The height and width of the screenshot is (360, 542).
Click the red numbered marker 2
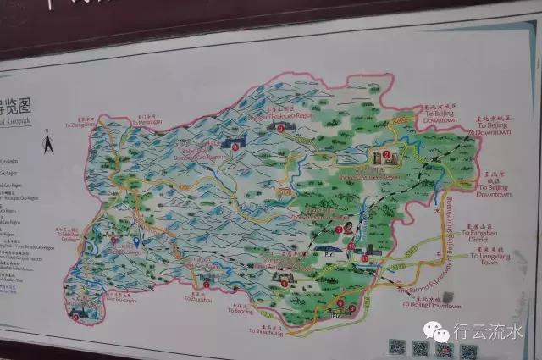[x=387, y=155]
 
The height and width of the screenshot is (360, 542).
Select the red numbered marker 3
[x=281, y=126]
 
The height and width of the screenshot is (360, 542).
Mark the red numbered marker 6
[x=340, y=302]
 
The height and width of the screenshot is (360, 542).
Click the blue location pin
[x=136, y=242]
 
